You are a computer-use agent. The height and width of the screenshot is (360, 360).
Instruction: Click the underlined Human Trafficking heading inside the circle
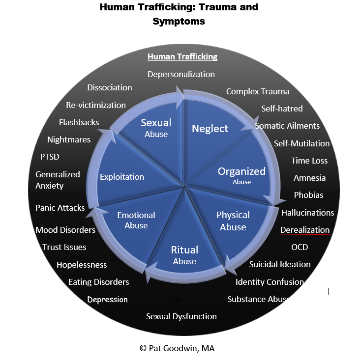(182, 56)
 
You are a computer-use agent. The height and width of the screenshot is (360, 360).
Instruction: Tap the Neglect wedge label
(210, 129)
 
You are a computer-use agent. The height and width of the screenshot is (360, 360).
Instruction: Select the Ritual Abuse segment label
(184, 255)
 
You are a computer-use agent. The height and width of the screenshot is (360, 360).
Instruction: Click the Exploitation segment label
(122, 177)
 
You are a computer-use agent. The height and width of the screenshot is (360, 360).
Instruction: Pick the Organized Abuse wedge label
(241, 176)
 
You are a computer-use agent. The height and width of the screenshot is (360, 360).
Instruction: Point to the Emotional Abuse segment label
(136, 220)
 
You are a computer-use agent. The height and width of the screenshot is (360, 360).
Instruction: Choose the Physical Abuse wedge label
(233, 221)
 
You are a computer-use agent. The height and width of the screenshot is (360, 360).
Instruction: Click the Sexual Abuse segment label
(156, 128)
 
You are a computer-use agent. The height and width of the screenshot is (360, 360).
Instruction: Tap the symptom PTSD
(50, 157)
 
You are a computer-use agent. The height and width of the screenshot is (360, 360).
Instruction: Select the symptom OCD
(300, 247)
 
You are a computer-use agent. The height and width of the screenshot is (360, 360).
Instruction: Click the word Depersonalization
(181, 74)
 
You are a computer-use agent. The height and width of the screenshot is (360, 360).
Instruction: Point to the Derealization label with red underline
(305, 230)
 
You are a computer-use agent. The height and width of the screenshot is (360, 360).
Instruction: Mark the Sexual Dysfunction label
(181, 316)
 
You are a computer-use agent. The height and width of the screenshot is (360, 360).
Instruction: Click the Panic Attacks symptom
(60, 208)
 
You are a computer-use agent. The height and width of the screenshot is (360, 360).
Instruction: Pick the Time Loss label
(309, 161)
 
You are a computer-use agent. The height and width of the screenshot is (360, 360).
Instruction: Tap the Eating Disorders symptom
(99, 282)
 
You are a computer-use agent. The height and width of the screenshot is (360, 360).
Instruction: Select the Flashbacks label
(79, 122)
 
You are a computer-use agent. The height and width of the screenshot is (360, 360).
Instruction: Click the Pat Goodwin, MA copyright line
(177, 348)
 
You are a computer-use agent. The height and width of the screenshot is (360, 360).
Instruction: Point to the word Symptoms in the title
(179, 22)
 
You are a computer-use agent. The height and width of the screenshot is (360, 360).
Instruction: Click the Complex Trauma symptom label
(258, 92)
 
